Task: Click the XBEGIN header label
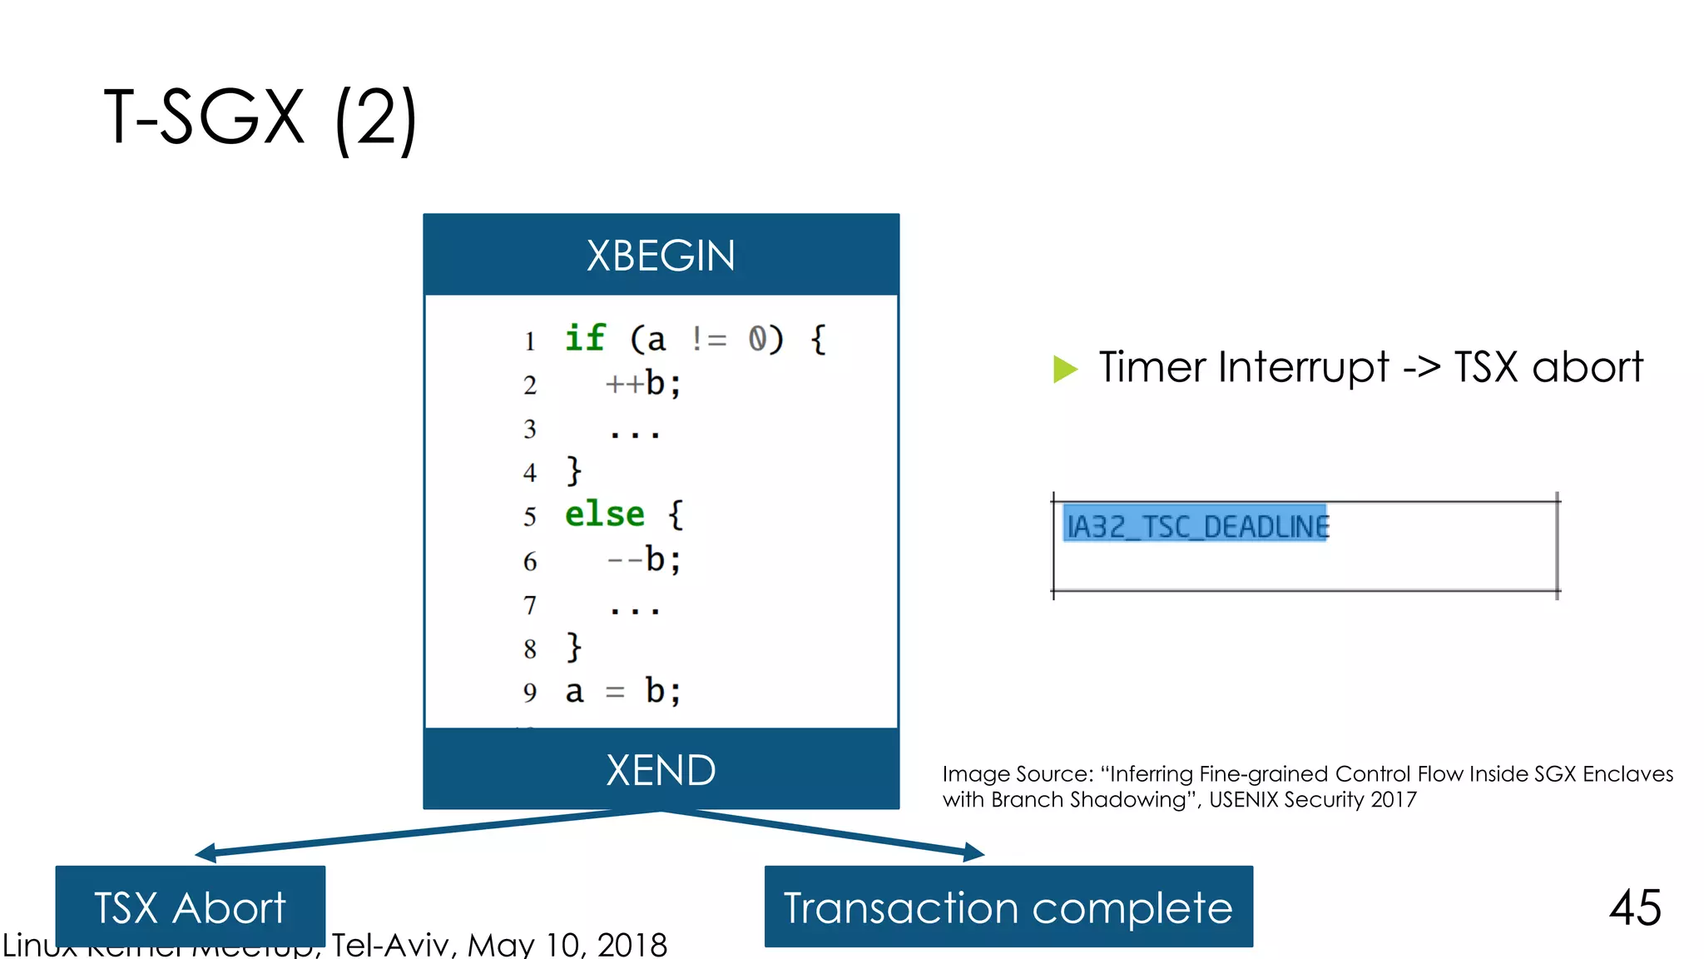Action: point(661,256)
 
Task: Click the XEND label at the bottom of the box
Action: point(661,770)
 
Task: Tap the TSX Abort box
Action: point(190,907)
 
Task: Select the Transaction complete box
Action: point(1008,907)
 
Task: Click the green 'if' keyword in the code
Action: point(585,338)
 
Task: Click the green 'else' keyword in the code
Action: point(605,514)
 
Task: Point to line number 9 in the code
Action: point(530,693)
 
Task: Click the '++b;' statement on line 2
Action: point(643,384)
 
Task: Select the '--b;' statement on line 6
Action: point(643,559)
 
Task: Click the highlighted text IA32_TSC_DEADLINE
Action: point(1196,526)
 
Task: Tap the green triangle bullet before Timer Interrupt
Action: point(1064,368)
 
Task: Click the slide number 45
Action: point(1635,907)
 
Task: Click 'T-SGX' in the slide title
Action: point(204,117)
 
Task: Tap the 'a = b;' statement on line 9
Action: point(622,692)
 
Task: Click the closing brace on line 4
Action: point(573,471)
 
